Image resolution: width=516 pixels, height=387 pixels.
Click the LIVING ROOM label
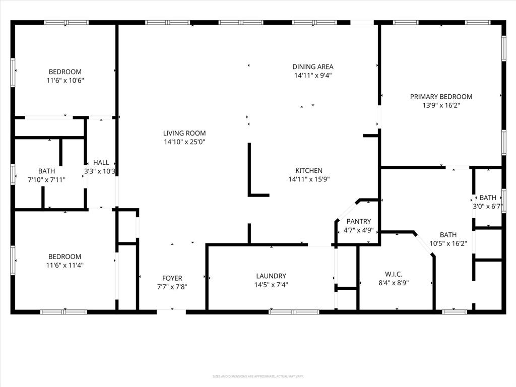(x=184, y=133)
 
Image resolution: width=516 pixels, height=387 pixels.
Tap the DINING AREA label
(x=312, y=67)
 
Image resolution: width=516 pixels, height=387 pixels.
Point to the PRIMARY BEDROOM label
(x=441, y=97)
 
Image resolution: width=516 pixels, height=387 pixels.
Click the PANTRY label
(x=358, y=221)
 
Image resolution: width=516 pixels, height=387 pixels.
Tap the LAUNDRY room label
(x=271, y=276)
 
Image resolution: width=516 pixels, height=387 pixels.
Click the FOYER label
(x=172, y=278)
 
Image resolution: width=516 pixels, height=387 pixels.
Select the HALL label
(x=101, y=162)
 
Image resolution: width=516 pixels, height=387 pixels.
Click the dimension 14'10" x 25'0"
(x=184, y=142)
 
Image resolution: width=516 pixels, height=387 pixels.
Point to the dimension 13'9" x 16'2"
(x=441, y=105)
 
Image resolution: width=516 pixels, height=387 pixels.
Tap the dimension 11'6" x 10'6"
(x=64, y=80)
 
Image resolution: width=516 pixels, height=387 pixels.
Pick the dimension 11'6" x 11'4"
(x=64, y=265)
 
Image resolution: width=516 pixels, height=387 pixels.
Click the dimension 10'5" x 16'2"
(x=448, y=243)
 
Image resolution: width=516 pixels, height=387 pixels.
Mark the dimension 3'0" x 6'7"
(x=488, y=206)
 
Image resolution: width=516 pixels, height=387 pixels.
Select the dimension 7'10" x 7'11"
(x=46, y=179)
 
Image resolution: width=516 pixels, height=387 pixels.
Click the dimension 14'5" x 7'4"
(x=271, y=284)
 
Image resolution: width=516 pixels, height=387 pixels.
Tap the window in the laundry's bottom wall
(x=294, y=312)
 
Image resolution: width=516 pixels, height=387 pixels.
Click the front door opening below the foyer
(x=171, y=311)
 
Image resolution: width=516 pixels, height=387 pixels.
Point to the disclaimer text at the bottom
(x=257, y=376)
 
